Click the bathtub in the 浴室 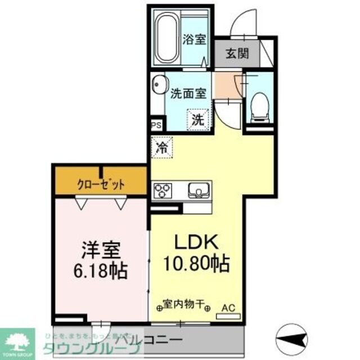coord(166,39)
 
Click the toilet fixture coord(260,106)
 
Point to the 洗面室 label coord(187,94)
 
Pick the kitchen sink coord(198,190)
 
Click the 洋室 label coord(102,250)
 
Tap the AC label coord(228,308)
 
